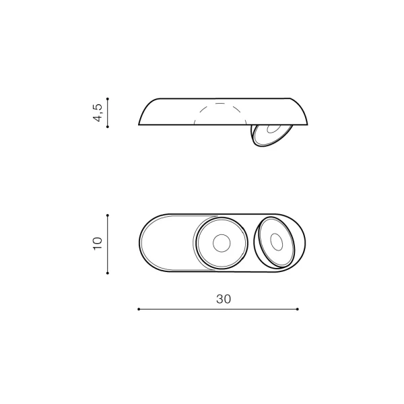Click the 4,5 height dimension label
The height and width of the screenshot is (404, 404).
(98, 112)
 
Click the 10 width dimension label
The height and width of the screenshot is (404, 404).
(98, 243)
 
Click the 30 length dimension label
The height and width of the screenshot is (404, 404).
(224, 299)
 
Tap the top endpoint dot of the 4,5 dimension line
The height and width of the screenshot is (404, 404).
(108, 99)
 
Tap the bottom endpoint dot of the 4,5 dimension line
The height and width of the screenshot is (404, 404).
(108, 127)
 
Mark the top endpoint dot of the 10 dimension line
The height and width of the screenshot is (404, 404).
(108, 215)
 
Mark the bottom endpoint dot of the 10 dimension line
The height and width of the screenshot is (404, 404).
(108, 273)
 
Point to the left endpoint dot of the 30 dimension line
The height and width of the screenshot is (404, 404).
(139, 309)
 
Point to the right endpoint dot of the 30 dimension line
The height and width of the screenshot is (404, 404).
(298, 309)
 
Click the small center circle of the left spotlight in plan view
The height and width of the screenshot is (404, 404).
(222, 243)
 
